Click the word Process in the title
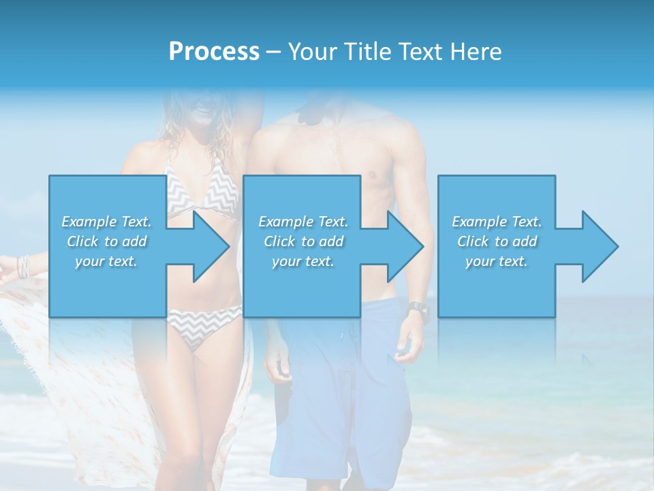pos(214,52)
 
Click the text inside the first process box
pos(106,241)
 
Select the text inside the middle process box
pos(303,241)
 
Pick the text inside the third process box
pos(497,241)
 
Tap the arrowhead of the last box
pos(599,246)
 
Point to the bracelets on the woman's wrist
pos(25,265)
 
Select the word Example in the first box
pos(89,221)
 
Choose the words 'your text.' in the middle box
pos(303,261)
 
